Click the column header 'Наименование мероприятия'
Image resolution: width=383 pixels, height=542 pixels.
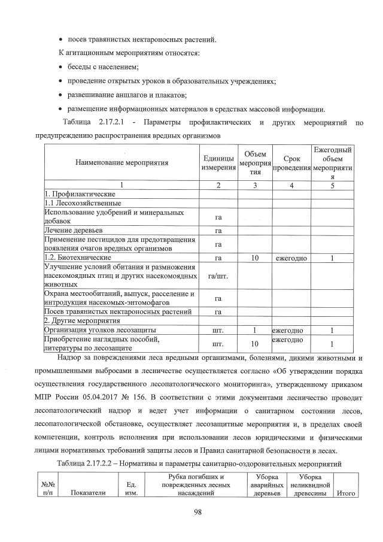click(121, 162)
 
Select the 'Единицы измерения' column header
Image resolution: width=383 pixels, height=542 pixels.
click(218, 162)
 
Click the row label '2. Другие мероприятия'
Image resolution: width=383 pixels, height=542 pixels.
click(82, 321)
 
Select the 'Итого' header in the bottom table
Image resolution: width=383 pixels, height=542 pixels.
click(346, 493)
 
